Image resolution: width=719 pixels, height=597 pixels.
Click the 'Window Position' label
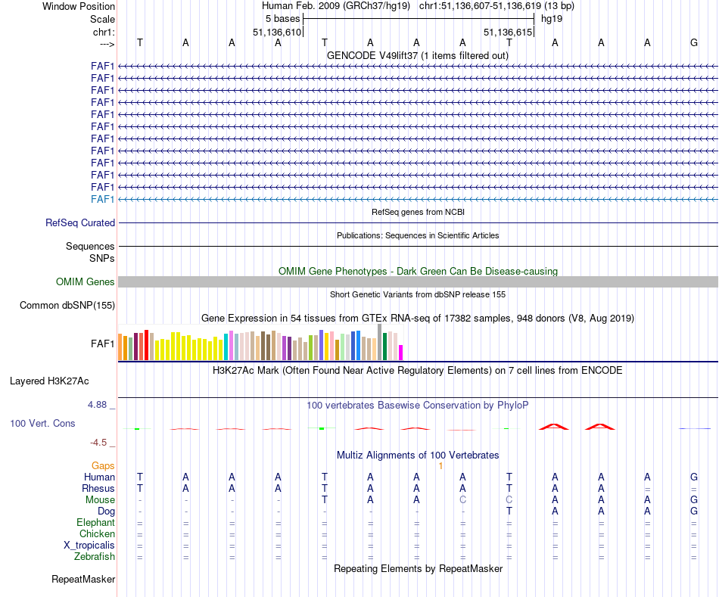(x=79, y=6)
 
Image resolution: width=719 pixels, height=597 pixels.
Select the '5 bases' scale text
(x=282, y=18)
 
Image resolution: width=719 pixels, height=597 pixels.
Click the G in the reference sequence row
(x=693, y=42)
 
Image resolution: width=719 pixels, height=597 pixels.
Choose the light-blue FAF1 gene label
(x=102, y=199)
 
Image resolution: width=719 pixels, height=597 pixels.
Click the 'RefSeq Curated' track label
(x=80, y=223)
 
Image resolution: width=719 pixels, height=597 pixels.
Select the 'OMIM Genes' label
(x=86, y=282)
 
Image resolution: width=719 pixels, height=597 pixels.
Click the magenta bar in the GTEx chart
(x=401, y=352)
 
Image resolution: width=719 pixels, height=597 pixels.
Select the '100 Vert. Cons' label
(x=42, y=424)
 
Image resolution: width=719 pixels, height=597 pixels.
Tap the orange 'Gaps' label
(x=103, y=465)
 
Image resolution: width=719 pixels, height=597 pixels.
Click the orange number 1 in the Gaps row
(x=440, y=465)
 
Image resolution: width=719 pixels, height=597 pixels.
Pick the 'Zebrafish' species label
(x=95, y=557)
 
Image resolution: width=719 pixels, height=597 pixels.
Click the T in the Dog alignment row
(x=509, y=511)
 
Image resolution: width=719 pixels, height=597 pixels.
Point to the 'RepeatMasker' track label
(x=83, y=580)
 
